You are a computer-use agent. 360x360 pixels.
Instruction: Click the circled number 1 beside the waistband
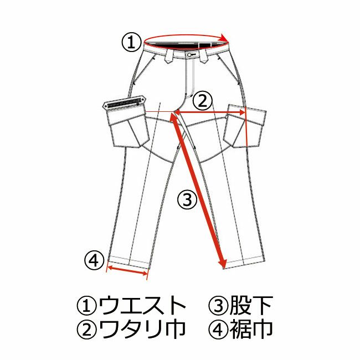click(x=131, y=43)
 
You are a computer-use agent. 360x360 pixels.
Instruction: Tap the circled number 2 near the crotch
click(x=202, y=101)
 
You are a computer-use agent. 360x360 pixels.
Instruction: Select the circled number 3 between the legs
click(x=187, y=199)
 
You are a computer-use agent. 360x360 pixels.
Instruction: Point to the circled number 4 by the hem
click(x=94, y=261)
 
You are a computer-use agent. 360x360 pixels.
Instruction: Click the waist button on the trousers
click(x=189, y=55)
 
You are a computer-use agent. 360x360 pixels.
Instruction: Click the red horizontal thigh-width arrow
click(x=210, y=112)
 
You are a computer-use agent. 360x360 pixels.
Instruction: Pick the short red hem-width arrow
click(x=127, y=270)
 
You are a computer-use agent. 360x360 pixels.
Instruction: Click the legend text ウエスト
click(x=142, y=305)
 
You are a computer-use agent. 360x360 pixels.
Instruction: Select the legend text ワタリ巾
click(x=142, y=329)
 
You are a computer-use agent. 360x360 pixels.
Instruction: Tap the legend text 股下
click(x=251, y=305)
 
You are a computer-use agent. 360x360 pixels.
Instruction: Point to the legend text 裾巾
click(x=251, y=329)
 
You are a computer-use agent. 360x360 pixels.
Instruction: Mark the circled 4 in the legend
click(x=218, y=330)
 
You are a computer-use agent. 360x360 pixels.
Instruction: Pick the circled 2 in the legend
click(x=86, y=330)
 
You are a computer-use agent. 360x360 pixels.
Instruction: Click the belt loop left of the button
click(x=169, y=56)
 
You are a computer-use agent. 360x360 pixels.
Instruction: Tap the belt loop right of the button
click(x=203, y=56)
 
